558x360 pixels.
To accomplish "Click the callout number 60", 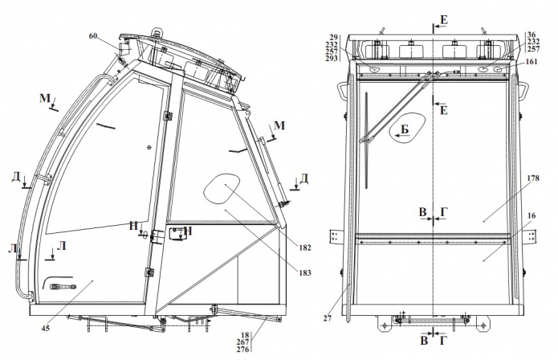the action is point(93,36).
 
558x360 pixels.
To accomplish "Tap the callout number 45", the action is point(46,328).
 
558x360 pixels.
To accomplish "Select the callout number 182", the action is point(305,247).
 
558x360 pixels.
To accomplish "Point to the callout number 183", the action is point(305,272).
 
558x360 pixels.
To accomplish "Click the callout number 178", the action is point(533,178).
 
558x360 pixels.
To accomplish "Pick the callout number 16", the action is point(532,216).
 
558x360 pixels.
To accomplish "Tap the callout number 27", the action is point(328,318).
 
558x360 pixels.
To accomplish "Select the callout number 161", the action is point(532,62).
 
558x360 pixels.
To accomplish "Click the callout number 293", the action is point(332,59).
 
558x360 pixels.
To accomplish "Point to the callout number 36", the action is point(532,35).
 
